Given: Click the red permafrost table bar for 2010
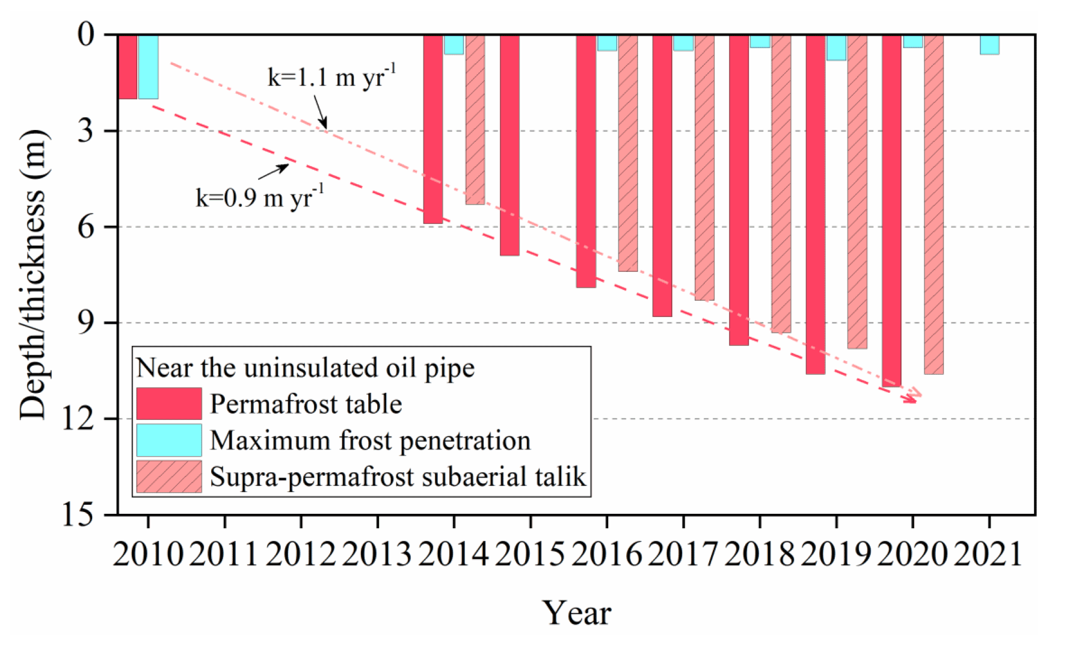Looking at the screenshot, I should point(128,66).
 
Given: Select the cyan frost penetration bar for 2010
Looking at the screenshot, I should point(148,66).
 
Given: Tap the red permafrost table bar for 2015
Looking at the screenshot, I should point(509,144).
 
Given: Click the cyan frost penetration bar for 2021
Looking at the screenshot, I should point(989,45).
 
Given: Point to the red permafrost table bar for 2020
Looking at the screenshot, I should point(891,211).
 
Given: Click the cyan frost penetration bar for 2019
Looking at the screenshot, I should point(836,48).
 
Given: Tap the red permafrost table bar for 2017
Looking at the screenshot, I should point(662,175).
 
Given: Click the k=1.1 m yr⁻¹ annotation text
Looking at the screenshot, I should point(331,76).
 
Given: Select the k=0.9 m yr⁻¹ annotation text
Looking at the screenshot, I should point(259,197).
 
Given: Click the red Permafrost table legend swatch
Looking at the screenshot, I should point(169,404).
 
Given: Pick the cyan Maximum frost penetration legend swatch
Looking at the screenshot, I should point(169,440).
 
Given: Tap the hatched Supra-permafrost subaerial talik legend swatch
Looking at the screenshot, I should point(169,477).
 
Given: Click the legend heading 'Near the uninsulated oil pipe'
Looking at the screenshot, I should point(305,368).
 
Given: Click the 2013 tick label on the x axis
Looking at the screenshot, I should point(377,554).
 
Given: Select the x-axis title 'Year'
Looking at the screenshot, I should point(577,613).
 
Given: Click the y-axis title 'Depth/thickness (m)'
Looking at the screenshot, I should point(32,274).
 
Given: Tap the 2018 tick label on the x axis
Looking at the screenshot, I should point(760,554).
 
